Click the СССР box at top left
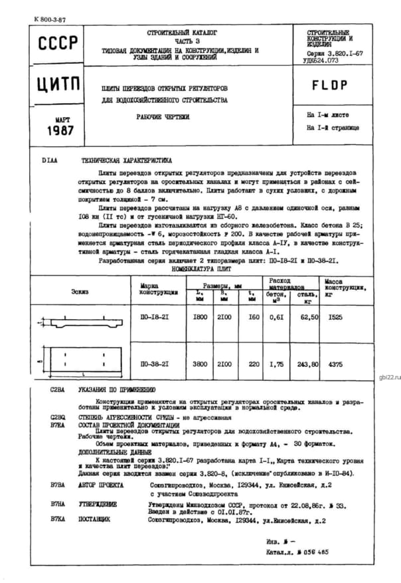[58, 45]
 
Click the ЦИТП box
[58, 86]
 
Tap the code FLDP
[329, 85]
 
